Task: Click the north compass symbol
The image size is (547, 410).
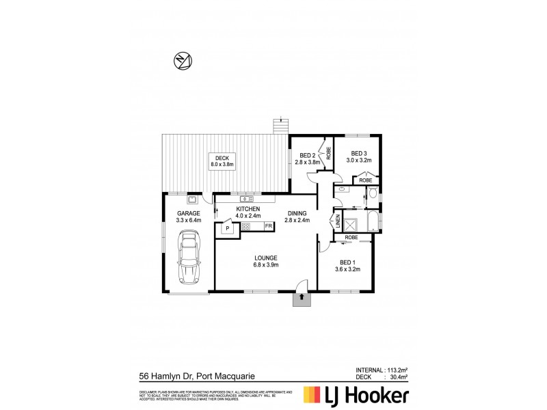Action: click(x=182, y=61)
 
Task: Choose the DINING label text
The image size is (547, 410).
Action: click(x=298, y=213)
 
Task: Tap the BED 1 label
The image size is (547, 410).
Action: click(x=348, y=262)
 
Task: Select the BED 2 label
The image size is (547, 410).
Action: click(x=306, y=154)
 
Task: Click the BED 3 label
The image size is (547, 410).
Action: click(x=359, y=153)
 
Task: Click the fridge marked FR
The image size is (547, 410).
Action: click(x=269, y=225)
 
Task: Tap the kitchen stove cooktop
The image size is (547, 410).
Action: click(x=246, y=225)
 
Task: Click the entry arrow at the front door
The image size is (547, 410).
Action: click(x=302, y=298)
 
